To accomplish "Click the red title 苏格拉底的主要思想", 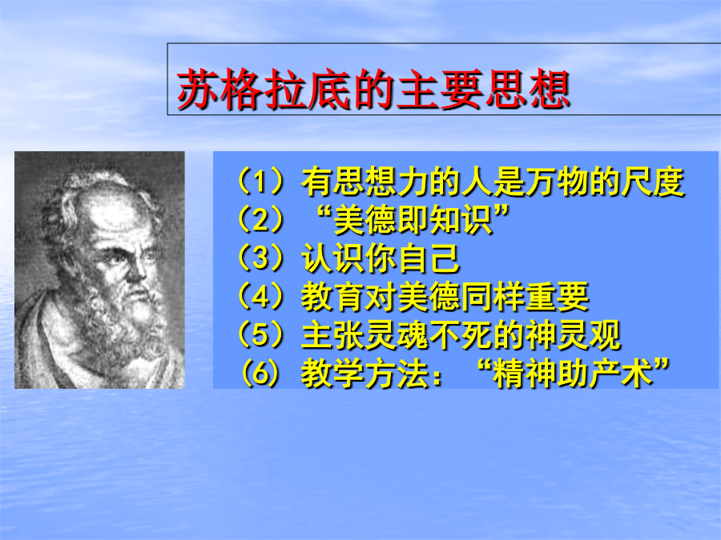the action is tap(373, 89).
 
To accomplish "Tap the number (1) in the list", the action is tap(260, 182).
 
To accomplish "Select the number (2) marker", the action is tap(260, 219).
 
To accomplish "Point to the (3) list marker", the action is tap(260, 258).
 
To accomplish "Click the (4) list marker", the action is tap(260, 296).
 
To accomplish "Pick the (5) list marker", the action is tap(260, 334).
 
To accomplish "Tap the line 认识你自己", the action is tap(381, 258).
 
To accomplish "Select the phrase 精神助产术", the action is tap(573, 374).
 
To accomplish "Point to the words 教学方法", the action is tap(365, 374).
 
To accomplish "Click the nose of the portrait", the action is tap(135, 268).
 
